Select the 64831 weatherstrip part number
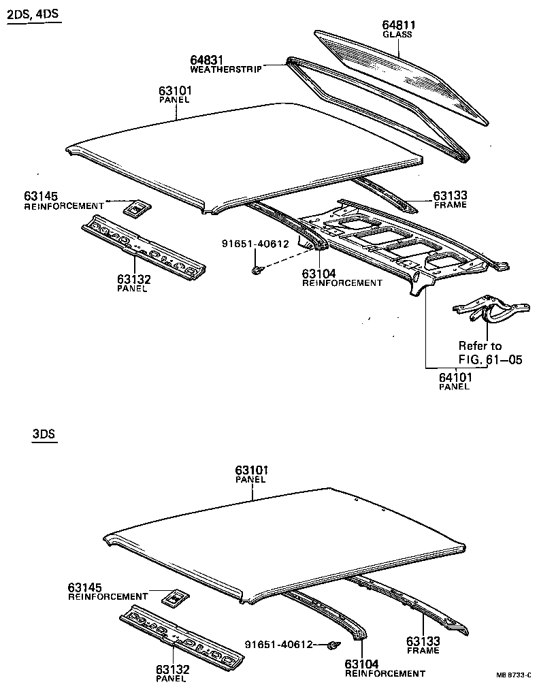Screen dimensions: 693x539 pyautogui.click(x=207, y=61)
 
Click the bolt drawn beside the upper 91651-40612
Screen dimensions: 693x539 pyautogui.click(x=257, y=270)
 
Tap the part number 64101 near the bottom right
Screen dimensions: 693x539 pyautogui.click(x=455, y=376)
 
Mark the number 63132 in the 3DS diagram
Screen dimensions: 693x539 pyautogui.click(x=171, y=669)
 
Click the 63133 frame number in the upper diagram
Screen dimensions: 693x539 pyautogui.click(x=451, y=196)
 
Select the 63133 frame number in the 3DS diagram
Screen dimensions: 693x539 pyautogui.click(x=423, y=641)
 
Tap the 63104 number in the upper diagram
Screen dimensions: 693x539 pyautogui.click(x=319, y=274)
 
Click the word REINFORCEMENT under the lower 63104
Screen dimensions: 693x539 pyautogui.click(x=385, y=673)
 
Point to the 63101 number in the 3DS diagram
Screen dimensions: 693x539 pyautogui.click(x=252, y=470)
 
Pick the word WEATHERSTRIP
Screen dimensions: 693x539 pyautogui.click(x=225, y=69)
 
